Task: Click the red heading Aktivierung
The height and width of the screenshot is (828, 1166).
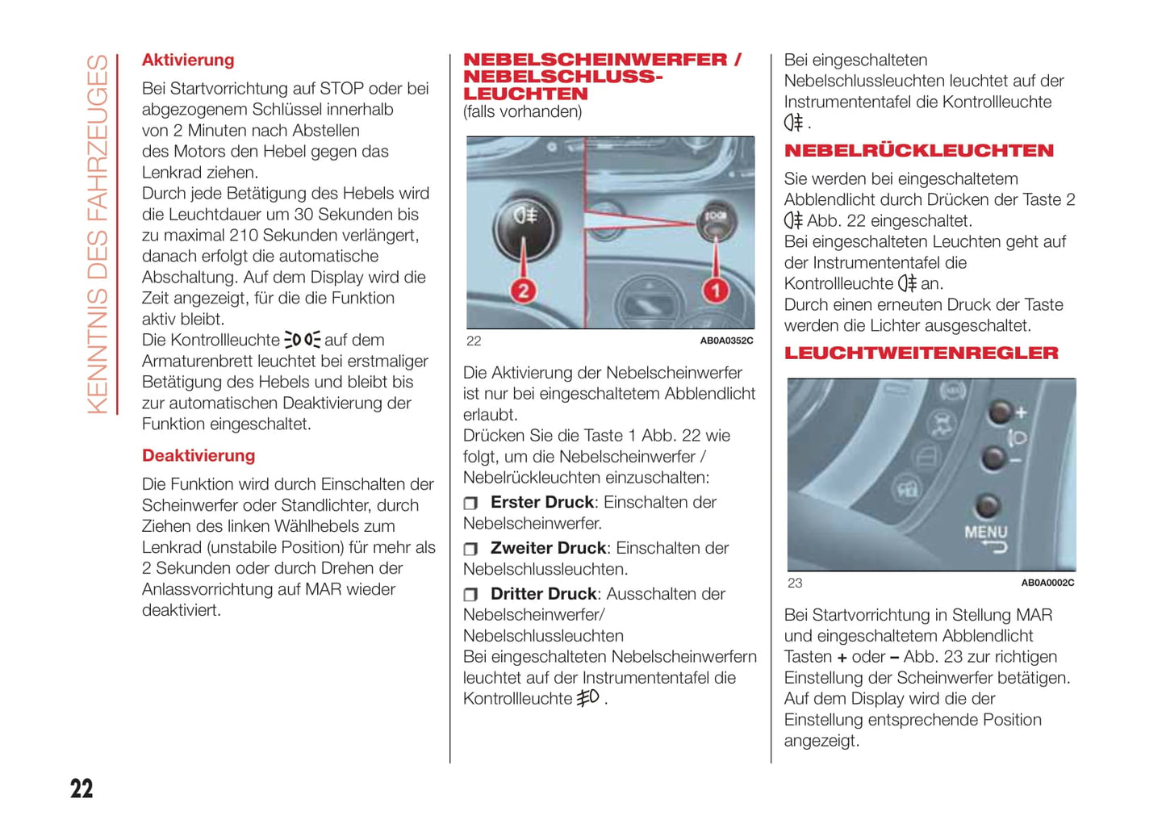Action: pos(188,61)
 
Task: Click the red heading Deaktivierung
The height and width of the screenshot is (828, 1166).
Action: pos(199,456)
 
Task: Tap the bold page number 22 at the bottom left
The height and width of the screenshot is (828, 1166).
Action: pos(81,788)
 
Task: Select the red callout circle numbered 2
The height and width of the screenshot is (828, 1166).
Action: pos(524,291)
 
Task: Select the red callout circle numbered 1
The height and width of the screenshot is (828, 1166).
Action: pos(716,290)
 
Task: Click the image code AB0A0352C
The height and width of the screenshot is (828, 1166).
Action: pos(726,341)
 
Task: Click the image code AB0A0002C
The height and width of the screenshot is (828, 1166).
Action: pos(1047,583)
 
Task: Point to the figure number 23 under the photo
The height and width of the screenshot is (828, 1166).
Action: pos(795,583)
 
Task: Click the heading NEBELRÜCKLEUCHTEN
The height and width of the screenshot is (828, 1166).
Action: pos(919,151)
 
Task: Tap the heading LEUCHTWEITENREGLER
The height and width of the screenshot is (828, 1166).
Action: pos(922,353)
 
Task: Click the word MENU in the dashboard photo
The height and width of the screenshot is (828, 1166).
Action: pos(986,533)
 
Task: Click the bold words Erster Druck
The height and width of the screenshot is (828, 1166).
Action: pos(542,503)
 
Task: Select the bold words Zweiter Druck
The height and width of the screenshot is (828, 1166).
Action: pos(548,549)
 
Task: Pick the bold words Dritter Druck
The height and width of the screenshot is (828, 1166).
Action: pos(544,595)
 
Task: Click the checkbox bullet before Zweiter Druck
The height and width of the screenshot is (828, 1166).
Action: pos(470,550)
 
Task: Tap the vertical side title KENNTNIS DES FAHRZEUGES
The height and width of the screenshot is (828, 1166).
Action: pos(98,234)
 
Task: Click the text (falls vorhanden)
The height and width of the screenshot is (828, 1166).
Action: pos(522,112)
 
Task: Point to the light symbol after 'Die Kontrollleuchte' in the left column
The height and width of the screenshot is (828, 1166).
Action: pos(302,341)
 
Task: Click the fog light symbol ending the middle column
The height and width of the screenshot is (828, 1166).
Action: pos(588,698)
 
